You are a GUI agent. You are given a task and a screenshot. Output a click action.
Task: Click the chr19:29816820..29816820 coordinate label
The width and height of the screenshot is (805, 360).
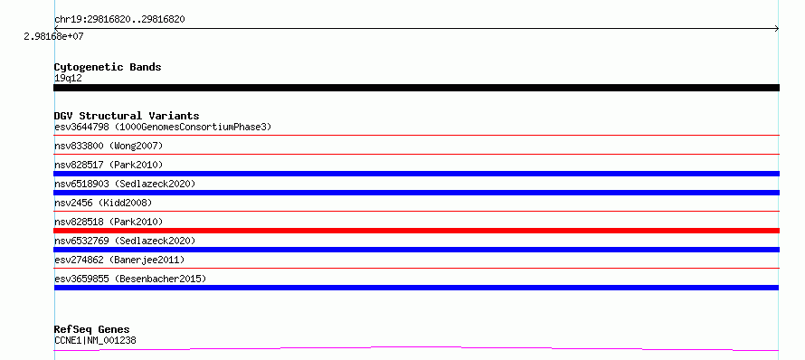[x=119, y=20]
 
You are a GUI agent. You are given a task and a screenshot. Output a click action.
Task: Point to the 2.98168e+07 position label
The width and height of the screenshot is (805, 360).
[x=53, y=37]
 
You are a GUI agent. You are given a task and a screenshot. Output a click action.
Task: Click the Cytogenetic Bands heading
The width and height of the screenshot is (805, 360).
[x=108, y=67]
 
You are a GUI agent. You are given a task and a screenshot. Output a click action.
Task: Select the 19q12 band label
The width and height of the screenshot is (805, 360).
[x=68, y=79]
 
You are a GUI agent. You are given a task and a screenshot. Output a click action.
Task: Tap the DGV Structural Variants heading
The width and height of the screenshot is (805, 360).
[x=127, y=116]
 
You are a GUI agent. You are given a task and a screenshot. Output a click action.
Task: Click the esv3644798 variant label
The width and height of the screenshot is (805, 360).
[x=81, y=127]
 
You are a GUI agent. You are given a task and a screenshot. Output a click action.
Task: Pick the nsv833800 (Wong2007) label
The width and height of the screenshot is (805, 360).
[x=109, y=146]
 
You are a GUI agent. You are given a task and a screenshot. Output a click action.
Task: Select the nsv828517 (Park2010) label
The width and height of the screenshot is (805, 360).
[x=109, y=165]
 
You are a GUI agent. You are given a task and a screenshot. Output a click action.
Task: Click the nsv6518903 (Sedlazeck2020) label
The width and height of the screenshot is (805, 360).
[x=125, y=184]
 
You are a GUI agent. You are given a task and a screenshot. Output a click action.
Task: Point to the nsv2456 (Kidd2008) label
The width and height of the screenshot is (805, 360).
[x=103, y=203]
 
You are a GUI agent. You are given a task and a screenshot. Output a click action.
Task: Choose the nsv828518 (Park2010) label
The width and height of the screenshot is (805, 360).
[x=109, y=222]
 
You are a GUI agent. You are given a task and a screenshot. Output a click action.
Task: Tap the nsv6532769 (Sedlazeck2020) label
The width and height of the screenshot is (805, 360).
[x=125, y=241]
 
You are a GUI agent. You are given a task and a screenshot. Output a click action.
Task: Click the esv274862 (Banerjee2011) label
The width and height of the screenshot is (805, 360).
[x=119, y=260]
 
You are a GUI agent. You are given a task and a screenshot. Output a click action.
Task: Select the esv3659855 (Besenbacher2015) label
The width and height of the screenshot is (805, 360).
[x=130, y=279]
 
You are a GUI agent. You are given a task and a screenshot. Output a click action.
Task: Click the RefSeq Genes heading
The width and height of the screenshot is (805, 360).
[x=92, y=330]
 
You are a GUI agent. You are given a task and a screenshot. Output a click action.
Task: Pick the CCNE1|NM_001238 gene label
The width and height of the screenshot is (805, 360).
[x=95, y=340]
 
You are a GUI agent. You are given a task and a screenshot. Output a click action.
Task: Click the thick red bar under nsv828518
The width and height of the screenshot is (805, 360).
[x=416, y=231]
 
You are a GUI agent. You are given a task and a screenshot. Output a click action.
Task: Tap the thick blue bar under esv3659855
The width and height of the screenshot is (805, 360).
[x=416, y=288]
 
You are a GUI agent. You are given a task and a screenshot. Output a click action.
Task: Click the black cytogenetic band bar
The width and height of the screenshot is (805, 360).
[x=416, y=88]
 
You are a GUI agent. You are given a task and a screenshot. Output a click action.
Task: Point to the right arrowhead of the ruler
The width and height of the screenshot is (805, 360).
[x=778, y=29]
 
